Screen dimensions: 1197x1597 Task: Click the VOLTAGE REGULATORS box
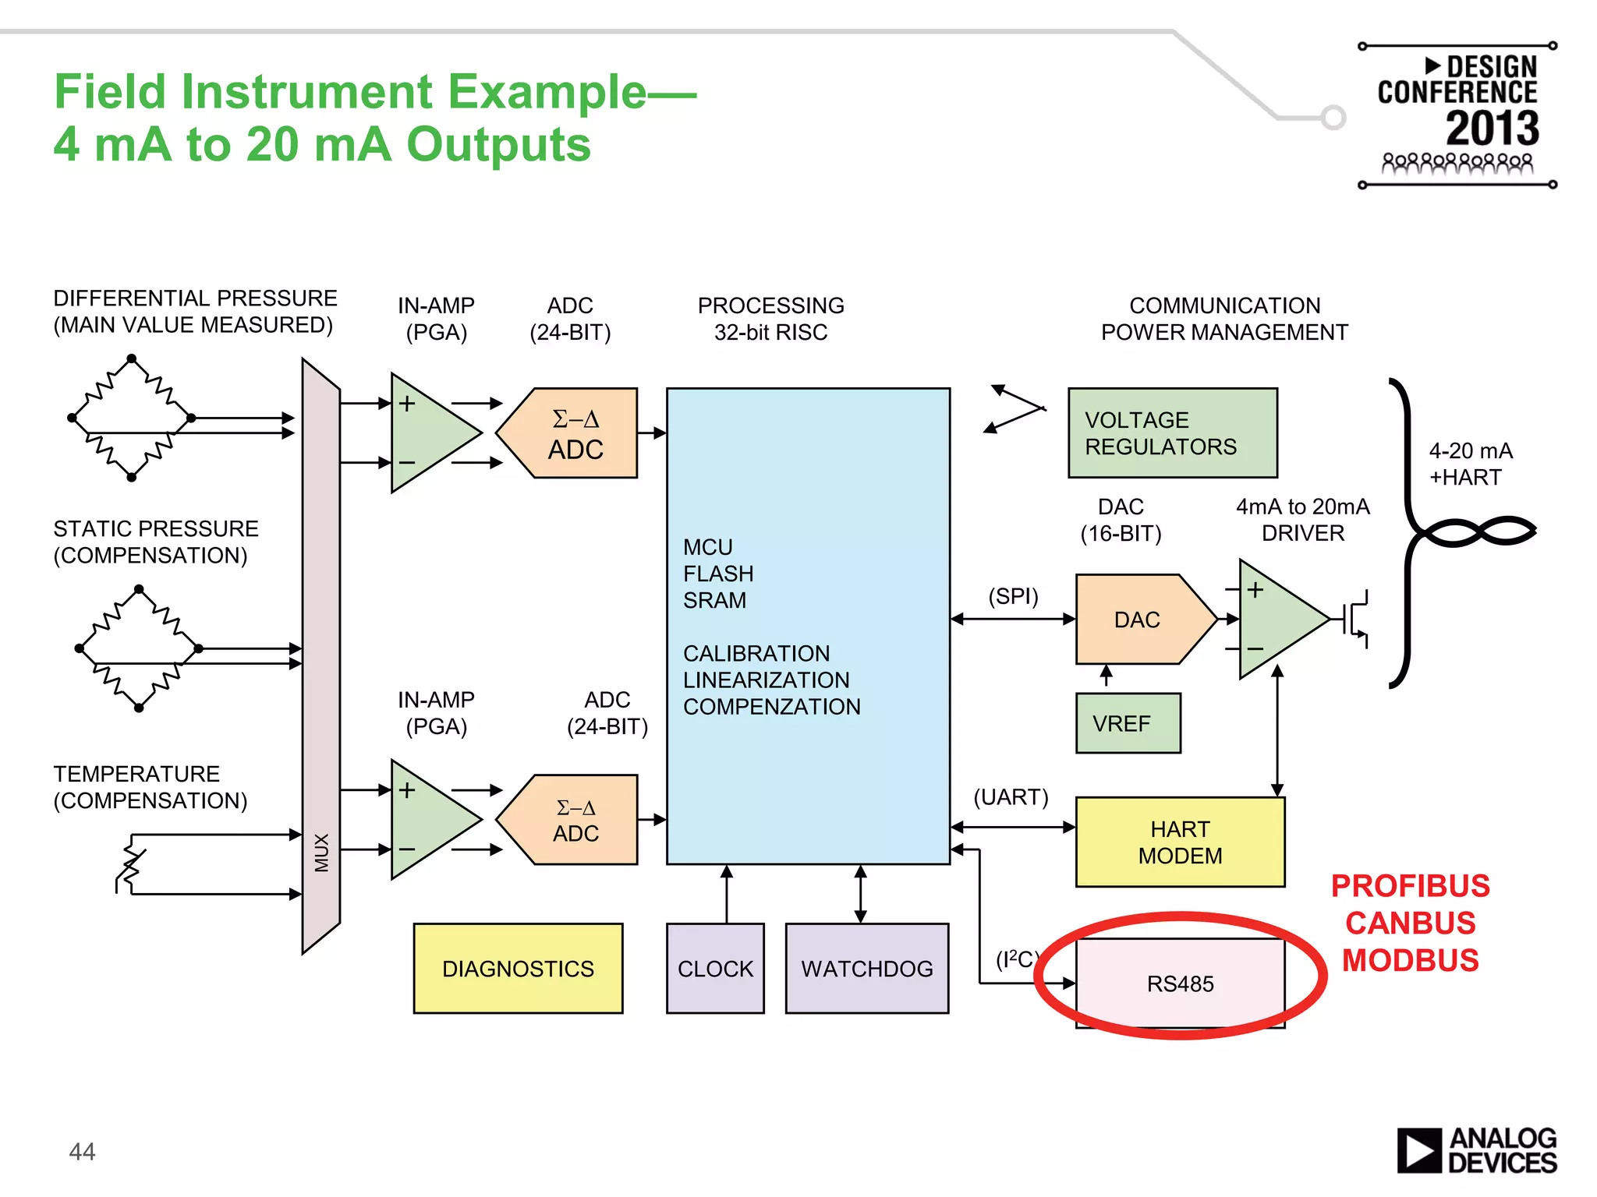click(x=1172, y=433)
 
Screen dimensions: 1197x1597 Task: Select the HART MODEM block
click(x=1179, y=842)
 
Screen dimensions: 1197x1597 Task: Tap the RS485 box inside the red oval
click(x=1179, y=983)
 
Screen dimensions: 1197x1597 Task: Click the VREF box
click(x=1127, y=723)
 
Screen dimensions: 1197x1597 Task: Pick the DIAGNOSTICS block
click(x=518, y=968)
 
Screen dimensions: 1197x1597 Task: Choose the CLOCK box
click(x=715, y=968)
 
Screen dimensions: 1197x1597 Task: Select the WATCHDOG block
click(x=866, y=968)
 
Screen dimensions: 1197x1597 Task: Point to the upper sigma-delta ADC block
click(x=575, y=433)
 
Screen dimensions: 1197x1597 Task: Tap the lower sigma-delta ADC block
click(x=575, y=820)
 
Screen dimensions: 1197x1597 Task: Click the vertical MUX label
click(x=321, y=853)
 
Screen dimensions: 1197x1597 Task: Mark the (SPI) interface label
click(x=1013, y=596)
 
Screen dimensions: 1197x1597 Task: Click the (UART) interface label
click(x=1011, y=796)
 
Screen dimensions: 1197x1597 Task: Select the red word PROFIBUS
click(x=1410, y=886)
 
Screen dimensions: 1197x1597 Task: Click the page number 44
click(x=82, y=1151)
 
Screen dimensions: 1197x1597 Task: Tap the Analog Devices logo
click(x=1476, y=1150)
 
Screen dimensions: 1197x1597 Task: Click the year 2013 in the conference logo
click(x=1492, y=128)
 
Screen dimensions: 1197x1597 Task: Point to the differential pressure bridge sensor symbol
click(x=132, y=418)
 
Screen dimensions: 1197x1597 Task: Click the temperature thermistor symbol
click(x=131, y=863)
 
